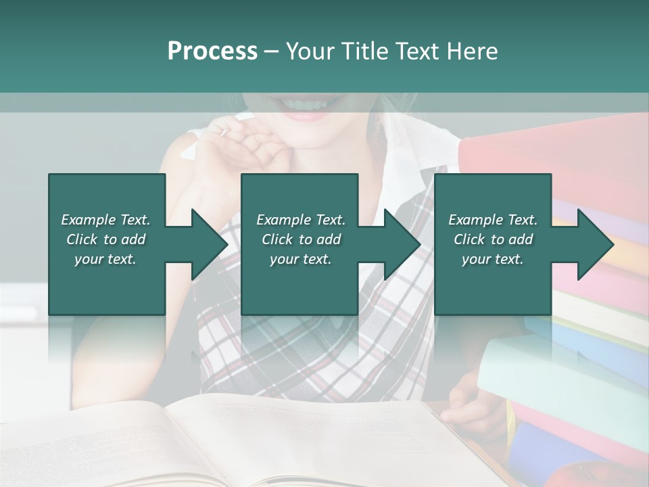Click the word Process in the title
(212, 51)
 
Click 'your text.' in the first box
(105, 258)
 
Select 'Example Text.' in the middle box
(301, 220)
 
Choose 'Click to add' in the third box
(493, 239)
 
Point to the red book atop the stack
(554, 156)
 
